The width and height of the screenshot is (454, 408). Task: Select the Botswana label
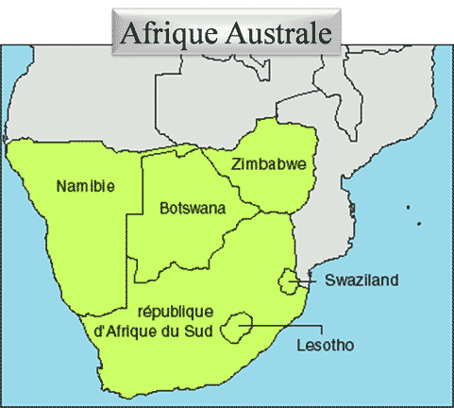192,208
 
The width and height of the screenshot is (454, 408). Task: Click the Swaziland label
362,280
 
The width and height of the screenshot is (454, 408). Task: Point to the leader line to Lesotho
283,327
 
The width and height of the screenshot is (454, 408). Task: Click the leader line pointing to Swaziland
307,280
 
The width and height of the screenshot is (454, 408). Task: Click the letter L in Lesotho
299,346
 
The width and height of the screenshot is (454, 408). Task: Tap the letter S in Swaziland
329,280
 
